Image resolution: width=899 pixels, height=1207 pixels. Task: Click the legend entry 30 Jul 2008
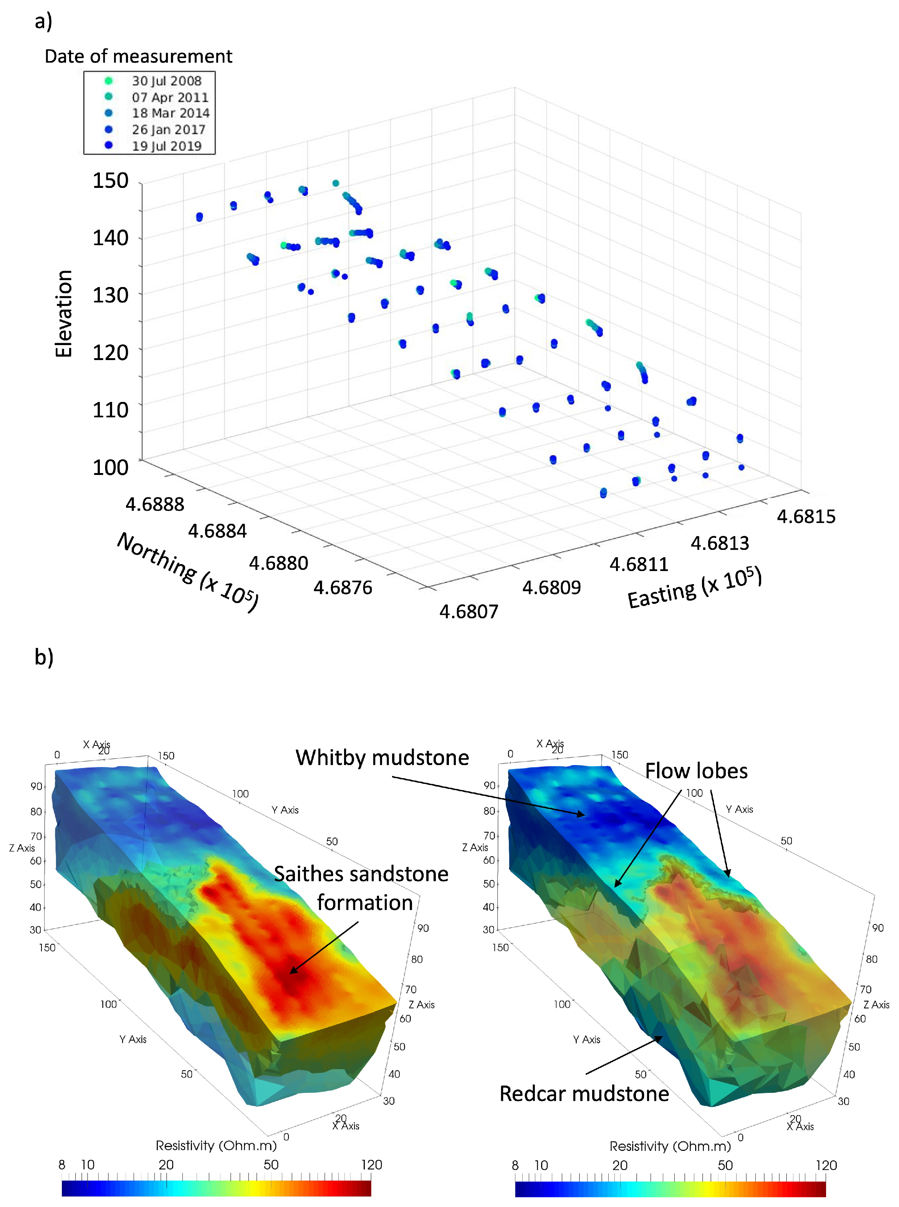click(x=166, y=81)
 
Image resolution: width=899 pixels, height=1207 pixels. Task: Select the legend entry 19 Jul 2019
click(x=166, y=146)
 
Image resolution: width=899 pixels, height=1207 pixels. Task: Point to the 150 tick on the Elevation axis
click(x=111, y=181)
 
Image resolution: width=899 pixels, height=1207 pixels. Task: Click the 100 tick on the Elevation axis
click(x=111, y=467)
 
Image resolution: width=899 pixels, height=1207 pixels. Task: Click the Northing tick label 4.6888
click(x=155, y=504)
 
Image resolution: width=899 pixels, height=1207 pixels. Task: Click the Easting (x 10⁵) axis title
click(x=694, y=588)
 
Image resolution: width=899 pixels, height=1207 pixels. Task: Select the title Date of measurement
click(x=138, y=56)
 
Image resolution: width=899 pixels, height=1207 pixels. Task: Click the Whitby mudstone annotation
click(x=382, y=757)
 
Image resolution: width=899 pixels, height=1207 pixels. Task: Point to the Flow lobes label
click(x=696, y=771)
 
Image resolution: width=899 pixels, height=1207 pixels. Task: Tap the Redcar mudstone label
click(x=584, y=1094)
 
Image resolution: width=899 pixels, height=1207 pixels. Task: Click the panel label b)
click(x=43, y=657)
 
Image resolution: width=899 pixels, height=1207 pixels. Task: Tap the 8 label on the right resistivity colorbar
click(x=515, y=1165)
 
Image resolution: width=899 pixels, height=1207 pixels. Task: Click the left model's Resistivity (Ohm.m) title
click(x=216, y=1146)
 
